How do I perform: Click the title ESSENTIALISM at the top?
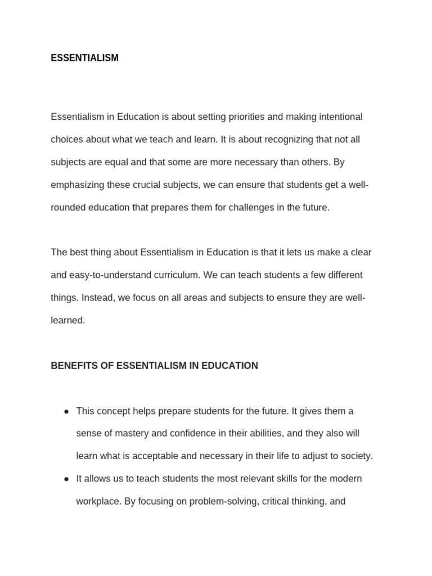[84, 58]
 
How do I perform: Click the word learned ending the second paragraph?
[67, 321]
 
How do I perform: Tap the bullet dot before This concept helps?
[66, 411]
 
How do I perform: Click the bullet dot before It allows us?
[66, 479]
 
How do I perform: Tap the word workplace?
[97, 501]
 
